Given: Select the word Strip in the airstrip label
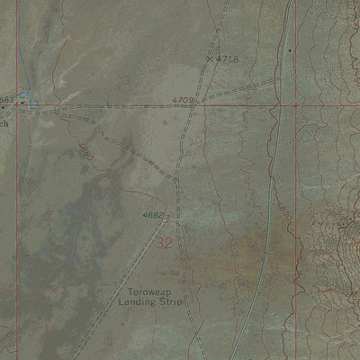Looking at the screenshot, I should [x=172, y=303].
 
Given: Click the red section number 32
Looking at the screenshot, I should [x=164, y=243].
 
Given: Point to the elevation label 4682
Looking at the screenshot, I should [x=153, y=215].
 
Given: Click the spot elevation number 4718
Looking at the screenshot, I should [x=228, y=58].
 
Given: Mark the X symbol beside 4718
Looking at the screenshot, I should [x=210, y=58].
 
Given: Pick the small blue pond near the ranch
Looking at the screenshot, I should [x=34, y=105].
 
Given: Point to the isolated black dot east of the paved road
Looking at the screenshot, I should [x=290, y=50].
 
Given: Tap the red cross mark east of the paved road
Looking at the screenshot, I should [x=296, y=105].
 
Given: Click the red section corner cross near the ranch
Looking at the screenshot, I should [x=16, y=105].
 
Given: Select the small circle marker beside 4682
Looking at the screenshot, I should [x=167, y=217].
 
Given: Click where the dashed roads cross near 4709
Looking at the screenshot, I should [x=193, y=105].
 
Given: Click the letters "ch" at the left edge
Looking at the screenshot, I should [x=4, y=123].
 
